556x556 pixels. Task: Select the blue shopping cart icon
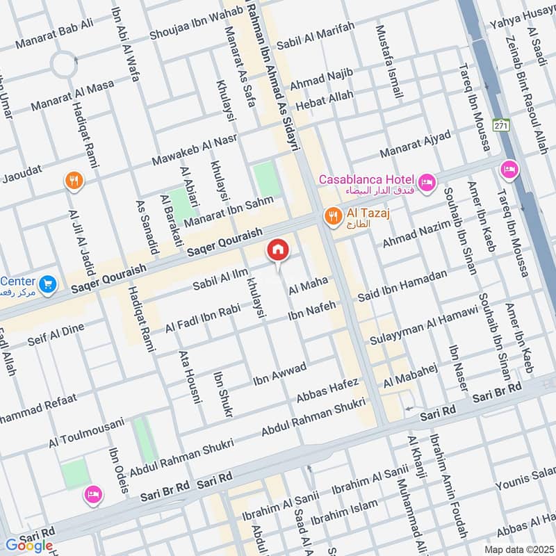click(47, 284)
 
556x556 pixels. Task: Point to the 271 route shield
click(500, 125)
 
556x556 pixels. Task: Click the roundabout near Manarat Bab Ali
click(65, 66)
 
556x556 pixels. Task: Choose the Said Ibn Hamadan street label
click(402, 286)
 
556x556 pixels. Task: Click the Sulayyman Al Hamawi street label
click(425, 328)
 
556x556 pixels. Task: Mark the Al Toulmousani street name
click(86, 432)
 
